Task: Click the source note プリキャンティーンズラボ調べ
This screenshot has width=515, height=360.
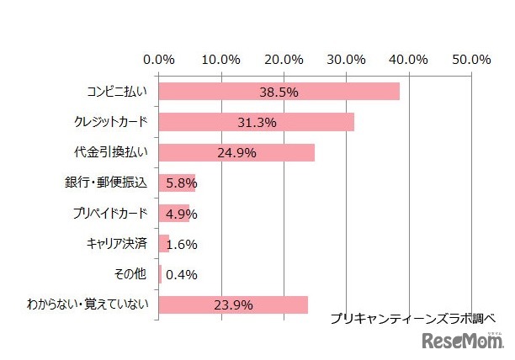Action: tap(412, 319)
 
